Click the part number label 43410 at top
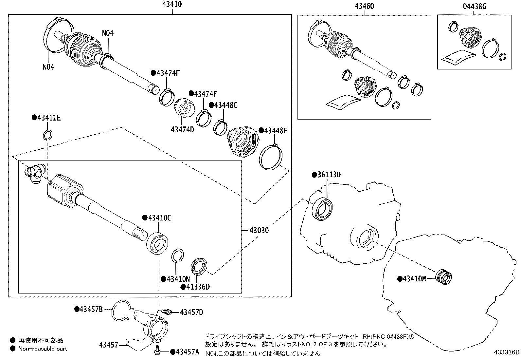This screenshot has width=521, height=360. pyautogui.click(x=172, y=5)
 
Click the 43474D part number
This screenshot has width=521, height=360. pyautogui.click(x=182, y=129)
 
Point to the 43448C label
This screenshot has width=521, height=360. pyautogui.click(x=225, y=105)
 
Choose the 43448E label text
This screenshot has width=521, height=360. pyautogui.click(x=275, y=131)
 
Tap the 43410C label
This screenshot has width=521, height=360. pyautogui.click(x=159, y=218)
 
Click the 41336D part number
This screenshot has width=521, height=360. pyautogui.click(x=198, y=287)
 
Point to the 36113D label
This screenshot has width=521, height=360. pyautogui.click(x=329, y=175)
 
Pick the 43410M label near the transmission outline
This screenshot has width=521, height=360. pyautogui.click(x=414, y=279)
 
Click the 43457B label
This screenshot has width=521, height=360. pyautogui.click(x=91, y=309)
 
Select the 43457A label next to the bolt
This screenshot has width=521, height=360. pyautogui.click(x=187, y=352)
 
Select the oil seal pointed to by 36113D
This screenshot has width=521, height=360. pyautogui.click(x=322, y=209)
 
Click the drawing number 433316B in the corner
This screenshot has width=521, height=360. pyautogui.click(x=507, y=352)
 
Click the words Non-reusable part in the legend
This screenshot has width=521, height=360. pyautogui.click(x=43, y=349)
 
